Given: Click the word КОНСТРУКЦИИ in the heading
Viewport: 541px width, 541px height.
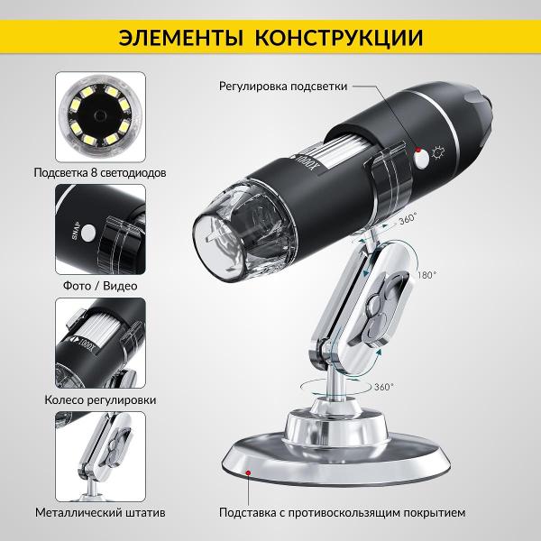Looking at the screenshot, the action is point(339,38).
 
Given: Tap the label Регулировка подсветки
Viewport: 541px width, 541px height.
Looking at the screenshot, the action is point(283,87).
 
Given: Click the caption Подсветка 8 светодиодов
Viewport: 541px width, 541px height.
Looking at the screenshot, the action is point(100,172).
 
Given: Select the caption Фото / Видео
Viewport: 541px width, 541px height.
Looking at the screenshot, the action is point(100,286).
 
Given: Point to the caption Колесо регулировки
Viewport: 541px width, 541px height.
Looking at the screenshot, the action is point(100,399).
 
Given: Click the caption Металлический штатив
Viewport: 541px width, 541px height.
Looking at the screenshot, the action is point(100,512).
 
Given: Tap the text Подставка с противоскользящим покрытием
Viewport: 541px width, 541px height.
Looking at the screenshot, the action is point(343,513).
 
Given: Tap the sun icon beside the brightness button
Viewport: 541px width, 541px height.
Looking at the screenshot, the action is point(438,152).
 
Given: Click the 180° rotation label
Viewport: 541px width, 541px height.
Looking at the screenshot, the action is point(426,275).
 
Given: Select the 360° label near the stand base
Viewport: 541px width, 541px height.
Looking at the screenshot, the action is point(384,387).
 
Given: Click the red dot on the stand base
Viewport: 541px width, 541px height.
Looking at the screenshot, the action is point(248,472).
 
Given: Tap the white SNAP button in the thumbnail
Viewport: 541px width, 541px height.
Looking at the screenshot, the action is point(88,233).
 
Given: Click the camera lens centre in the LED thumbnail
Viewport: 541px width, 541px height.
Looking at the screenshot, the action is point(100,115).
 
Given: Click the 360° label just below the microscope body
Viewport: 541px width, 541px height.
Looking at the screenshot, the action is point(408,219).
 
